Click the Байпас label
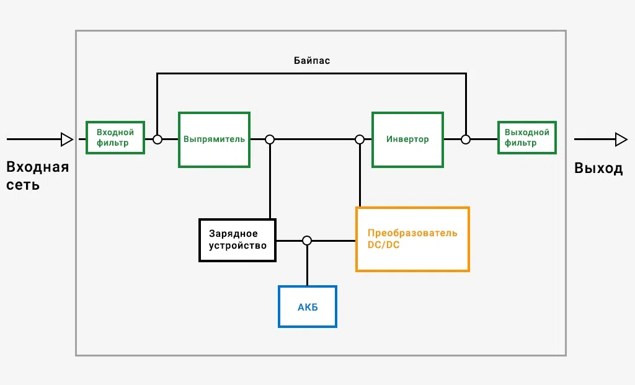[x=312, y=61]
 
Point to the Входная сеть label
[x=37, y=175]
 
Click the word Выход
[x=598, y=168]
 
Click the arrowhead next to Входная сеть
[x=67, y=139]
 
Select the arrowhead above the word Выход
[x=621, y=139]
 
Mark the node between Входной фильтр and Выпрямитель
[x=158, y=139]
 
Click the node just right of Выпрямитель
[x=270, y=139]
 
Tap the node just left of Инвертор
[x=360, y=139]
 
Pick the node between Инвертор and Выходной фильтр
[x=466, y=139]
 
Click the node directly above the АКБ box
[x=307, y=241]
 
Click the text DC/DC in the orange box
[x=383, y=245]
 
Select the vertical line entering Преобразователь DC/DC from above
[x=360, y=175]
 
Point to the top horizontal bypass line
[x=311, y=73]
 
